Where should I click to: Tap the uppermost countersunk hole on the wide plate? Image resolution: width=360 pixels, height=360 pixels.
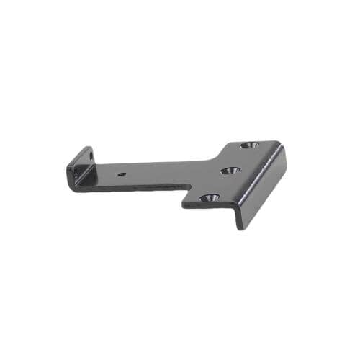(x=248, y=145)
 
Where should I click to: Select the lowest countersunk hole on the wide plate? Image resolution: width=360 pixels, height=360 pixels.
(x=209, y=197)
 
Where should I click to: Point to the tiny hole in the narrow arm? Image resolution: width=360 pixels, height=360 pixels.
(x=125, y=173)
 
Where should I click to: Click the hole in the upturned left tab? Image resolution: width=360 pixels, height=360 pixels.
(x=91, y=156)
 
